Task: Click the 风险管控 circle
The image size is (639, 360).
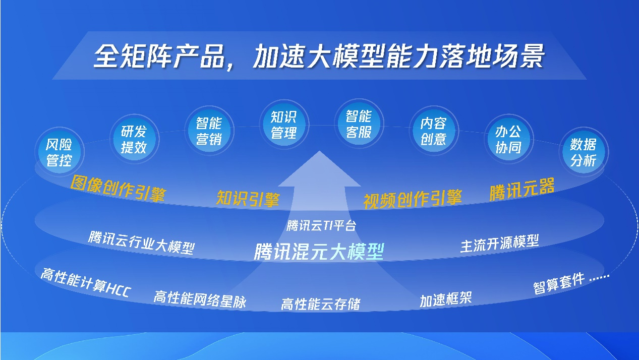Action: tap(60, 152)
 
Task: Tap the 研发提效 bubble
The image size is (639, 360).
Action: tap(134, 139)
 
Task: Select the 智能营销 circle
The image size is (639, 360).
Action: tap(209, 131)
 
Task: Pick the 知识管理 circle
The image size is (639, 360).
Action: tap(284, 125)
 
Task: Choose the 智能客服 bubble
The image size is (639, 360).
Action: tap(359, 124)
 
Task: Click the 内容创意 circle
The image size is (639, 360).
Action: tap(434, 131)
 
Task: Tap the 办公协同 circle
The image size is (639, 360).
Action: tap(509, 139)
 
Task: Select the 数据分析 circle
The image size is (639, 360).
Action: tap(584, 152)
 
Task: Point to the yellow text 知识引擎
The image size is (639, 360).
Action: tap(248, 198)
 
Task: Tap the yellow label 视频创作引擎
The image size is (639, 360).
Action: tap(413, 199)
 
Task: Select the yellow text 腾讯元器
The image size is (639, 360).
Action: tap(522, 189)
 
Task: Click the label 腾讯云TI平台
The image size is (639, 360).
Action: tap(321, 226)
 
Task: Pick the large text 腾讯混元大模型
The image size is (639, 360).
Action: tap(319, 251)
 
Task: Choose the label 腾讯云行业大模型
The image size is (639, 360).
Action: tap(142, 243)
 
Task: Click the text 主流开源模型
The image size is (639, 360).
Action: tap(500, 244)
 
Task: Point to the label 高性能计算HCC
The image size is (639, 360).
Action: tap(86, 282)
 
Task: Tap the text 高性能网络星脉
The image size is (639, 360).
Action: tap(200, 299)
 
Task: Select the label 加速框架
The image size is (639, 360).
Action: tap(446, 299)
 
